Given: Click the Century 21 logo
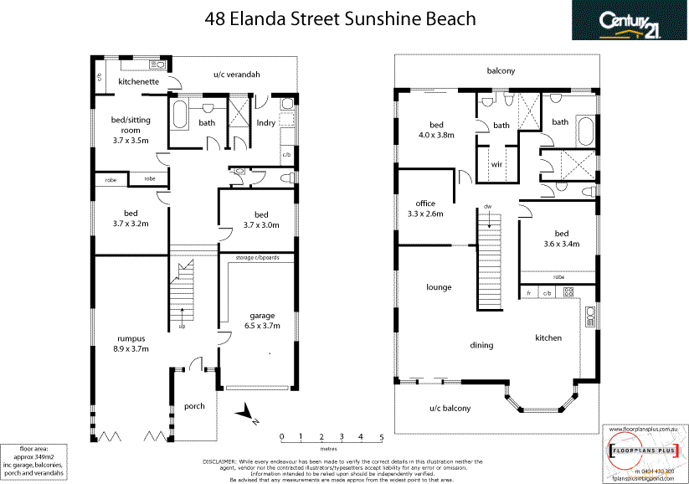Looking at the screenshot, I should tap(630, 21).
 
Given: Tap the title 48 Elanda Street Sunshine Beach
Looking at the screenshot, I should tap(340, 18).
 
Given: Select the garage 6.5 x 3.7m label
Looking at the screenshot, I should tap(261, 321).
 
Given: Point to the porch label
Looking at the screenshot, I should tap(193, 406).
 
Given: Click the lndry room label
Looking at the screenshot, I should tap(265, 123).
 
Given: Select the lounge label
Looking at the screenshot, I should tap(438, 287).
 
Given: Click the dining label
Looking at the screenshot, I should tap(481, 345).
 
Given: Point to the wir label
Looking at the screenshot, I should tap(496, 164).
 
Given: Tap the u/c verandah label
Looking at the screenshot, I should tap(236, 75).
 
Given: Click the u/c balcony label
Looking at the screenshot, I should tap(450, 409).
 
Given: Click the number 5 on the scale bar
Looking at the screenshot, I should tap(382, 436).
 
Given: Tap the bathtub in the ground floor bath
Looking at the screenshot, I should tap(180, 116).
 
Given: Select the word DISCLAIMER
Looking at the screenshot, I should tap(224, 461).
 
